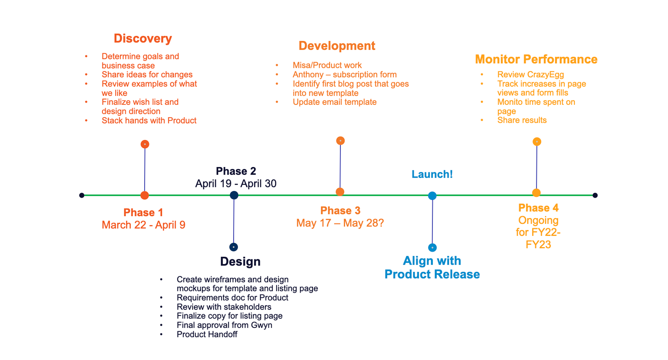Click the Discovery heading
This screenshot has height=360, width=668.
pos(143,38)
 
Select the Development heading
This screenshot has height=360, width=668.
pos(337,46)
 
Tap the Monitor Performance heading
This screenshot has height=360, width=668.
pos(536,59)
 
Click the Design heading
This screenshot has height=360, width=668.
pos(240,261)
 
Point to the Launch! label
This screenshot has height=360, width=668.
pos(432,174)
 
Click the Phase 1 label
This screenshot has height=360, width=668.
pos(143,212)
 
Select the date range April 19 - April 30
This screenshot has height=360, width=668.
pos(236,183)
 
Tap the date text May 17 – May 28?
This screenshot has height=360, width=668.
pos(340,223)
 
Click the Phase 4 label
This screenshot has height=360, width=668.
pos(538,208)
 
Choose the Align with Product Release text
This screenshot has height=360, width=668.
pos(432,267)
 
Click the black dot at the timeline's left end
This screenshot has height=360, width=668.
pos(82,195)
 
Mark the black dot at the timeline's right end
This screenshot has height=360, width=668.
pos(595,195)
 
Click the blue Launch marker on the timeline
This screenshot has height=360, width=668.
pos(432,196)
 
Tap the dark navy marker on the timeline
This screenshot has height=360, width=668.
pos(234,195)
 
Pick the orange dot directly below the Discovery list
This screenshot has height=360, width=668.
pos(145,144)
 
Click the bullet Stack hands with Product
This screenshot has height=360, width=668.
pos(149,120)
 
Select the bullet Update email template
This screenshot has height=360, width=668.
pos(334,102)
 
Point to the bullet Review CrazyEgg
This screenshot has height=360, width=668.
pos(531,74)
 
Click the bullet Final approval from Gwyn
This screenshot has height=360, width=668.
pos(224,325)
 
